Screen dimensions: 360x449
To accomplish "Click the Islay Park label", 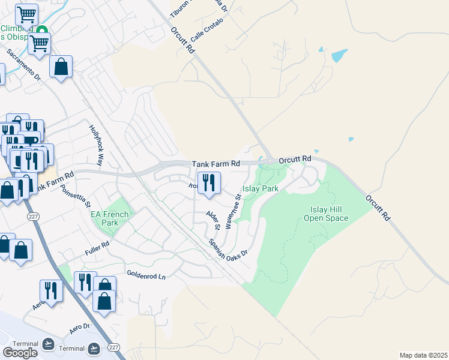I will pyautogui.click(x=261, y=188).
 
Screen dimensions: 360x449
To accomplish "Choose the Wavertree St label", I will pyautogui.click(x=233, y=212).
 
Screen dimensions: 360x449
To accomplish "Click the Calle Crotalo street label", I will pyautogui.click(x=207, y=29).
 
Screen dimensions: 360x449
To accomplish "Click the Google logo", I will pyautogui.click(x=20, y=353).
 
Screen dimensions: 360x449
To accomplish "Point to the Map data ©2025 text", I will pyautogui.click(x=423, y=355).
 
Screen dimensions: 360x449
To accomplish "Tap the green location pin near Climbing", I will pyautogui.click(x=41, y=31).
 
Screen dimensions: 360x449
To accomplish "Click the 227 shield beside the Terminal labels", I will pyautogui.click(x=113, y=347).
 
